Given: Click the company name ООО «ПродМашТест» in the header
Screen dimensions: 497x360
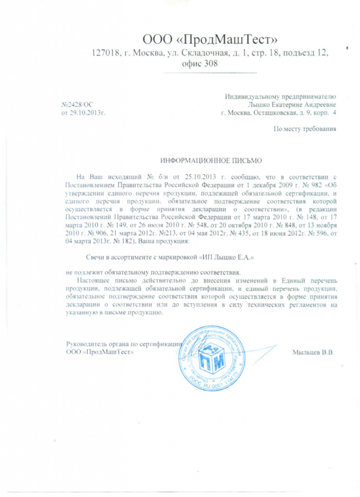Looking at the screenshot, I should tap(210, 38).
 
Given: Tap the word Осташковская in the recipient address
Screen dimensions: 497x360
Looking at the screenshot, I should tap(280, 113).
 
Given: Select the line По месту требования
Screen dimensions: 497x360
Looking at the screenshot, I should tap(305, 129).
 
